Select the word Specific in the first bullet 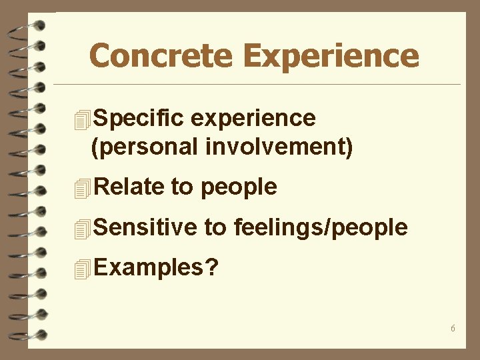pyautogui.click(x=138, y=118)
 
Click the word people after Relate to pyautogui.click(x=238, y=187)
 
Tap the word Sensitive pyautogui.click(x=145, y=228)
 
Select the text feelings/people pyautogui.click(x=321, y=228)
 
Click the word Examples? pyautogui.click(x=156, y=268)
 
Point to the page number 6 pyautogui.click(x=453, y=329)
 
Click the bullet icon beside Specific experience pyautogui.click(x=82, y=120)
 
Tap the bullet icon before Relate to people pyautogui.click(x=82, y=189)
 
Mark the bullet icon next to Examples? pyautogui.click(x=82, y=270)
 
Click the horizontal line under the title pyautogui.click(x=257, y=85)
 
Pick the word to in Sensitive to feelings pyautogui.click(x=215, y=228)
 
